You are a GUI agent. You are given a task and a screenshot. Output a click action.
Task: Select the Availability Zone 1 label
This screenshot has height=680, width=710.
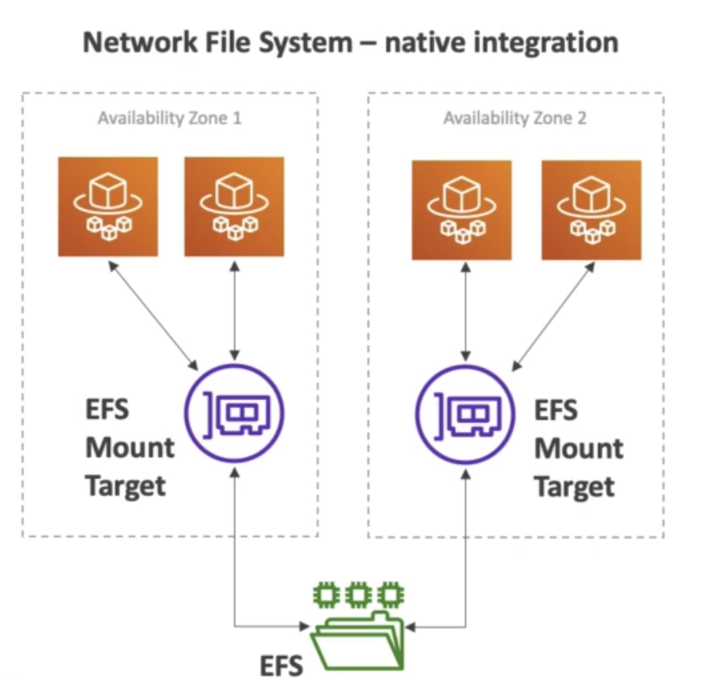pyautogui.click(x=169, y=118)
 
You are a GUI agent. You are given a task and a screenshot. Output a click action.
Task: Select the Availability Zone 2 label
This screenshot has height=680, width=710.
pyautogui.click(x=515, y=119)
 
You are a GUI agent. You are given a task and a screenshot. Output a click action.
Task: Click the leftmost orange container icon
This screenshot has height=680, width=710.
pyautogui.click(x=107, y=207)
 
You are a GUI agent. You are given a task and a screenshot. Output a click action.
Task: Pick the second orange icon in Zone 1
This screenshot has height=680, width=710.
pyautogui.click(x=234, y=207)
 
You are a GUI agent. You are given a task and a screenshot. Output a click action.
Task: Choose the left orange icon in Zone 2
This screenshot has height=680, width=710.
pyautogui.click(x=462, y=210)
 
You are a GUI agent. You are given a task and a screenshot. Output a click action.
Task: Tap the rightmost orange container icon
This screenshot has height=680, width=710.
pyautogui.click(x=591, y=210)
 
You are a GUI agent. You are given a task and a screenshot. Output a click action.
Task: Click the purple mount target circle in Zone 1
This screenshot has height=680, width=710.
pyautogui.click(x=234, y=412)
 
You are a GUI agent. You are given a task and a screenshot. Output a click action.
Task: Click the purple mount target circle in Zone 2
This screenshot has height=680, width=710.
pyautogui.click(x=465, y=413)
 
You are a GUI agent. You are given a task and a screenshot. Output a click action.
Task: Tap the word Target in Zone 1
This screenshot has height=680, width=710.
pyautogui.click(x=125, y=486)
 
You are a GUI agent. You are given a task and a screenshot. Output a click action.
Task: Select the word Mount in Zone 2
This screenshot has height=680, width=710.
pyautogui.click(x=578, y=448)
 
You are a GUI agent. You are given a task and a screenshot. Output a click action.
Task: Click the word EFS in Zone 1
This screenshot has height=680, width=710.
pyautogui.click(x=107, y=408)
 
